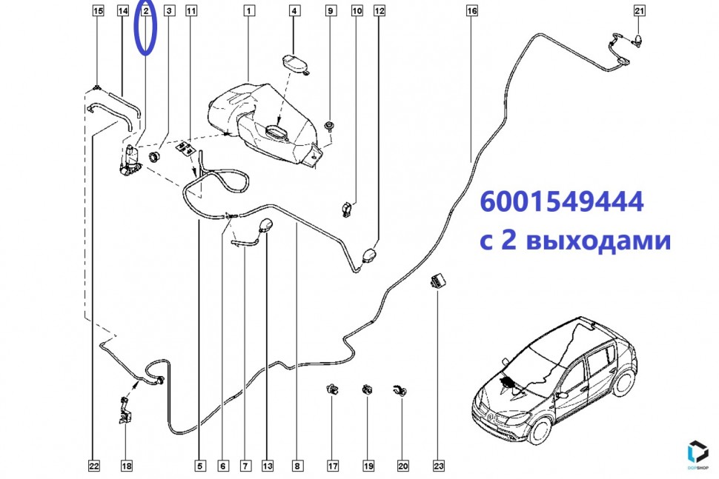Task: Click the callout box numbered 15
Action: [x=98, y=10]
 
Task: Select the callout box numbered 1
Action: [x=248, y=10]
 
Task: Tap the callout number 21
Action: [x=639, y=10]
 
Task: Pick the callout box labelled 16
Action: [x=472, y=10]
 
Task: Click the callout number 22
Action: [x=93, y=466]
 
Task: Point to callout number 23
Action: [x=438, y=466]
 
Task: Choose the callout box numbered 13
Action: [x=268, y=466]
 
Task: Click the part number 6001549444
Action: [x=562, y=201]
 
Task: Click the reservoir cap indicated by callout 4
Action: [x=294, y=64]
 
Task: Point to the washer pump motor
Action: [x=130, y=160]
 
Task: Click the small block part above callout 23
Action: [x=438, y=280]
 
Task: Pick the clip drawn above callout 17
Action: [x=333, y=389]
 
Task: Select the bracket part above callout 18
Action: [x=125, y=411]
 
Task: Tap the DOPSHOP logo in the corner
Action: [x=698, y=452]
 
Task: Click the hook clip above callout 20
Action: [x=400, y=390]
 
